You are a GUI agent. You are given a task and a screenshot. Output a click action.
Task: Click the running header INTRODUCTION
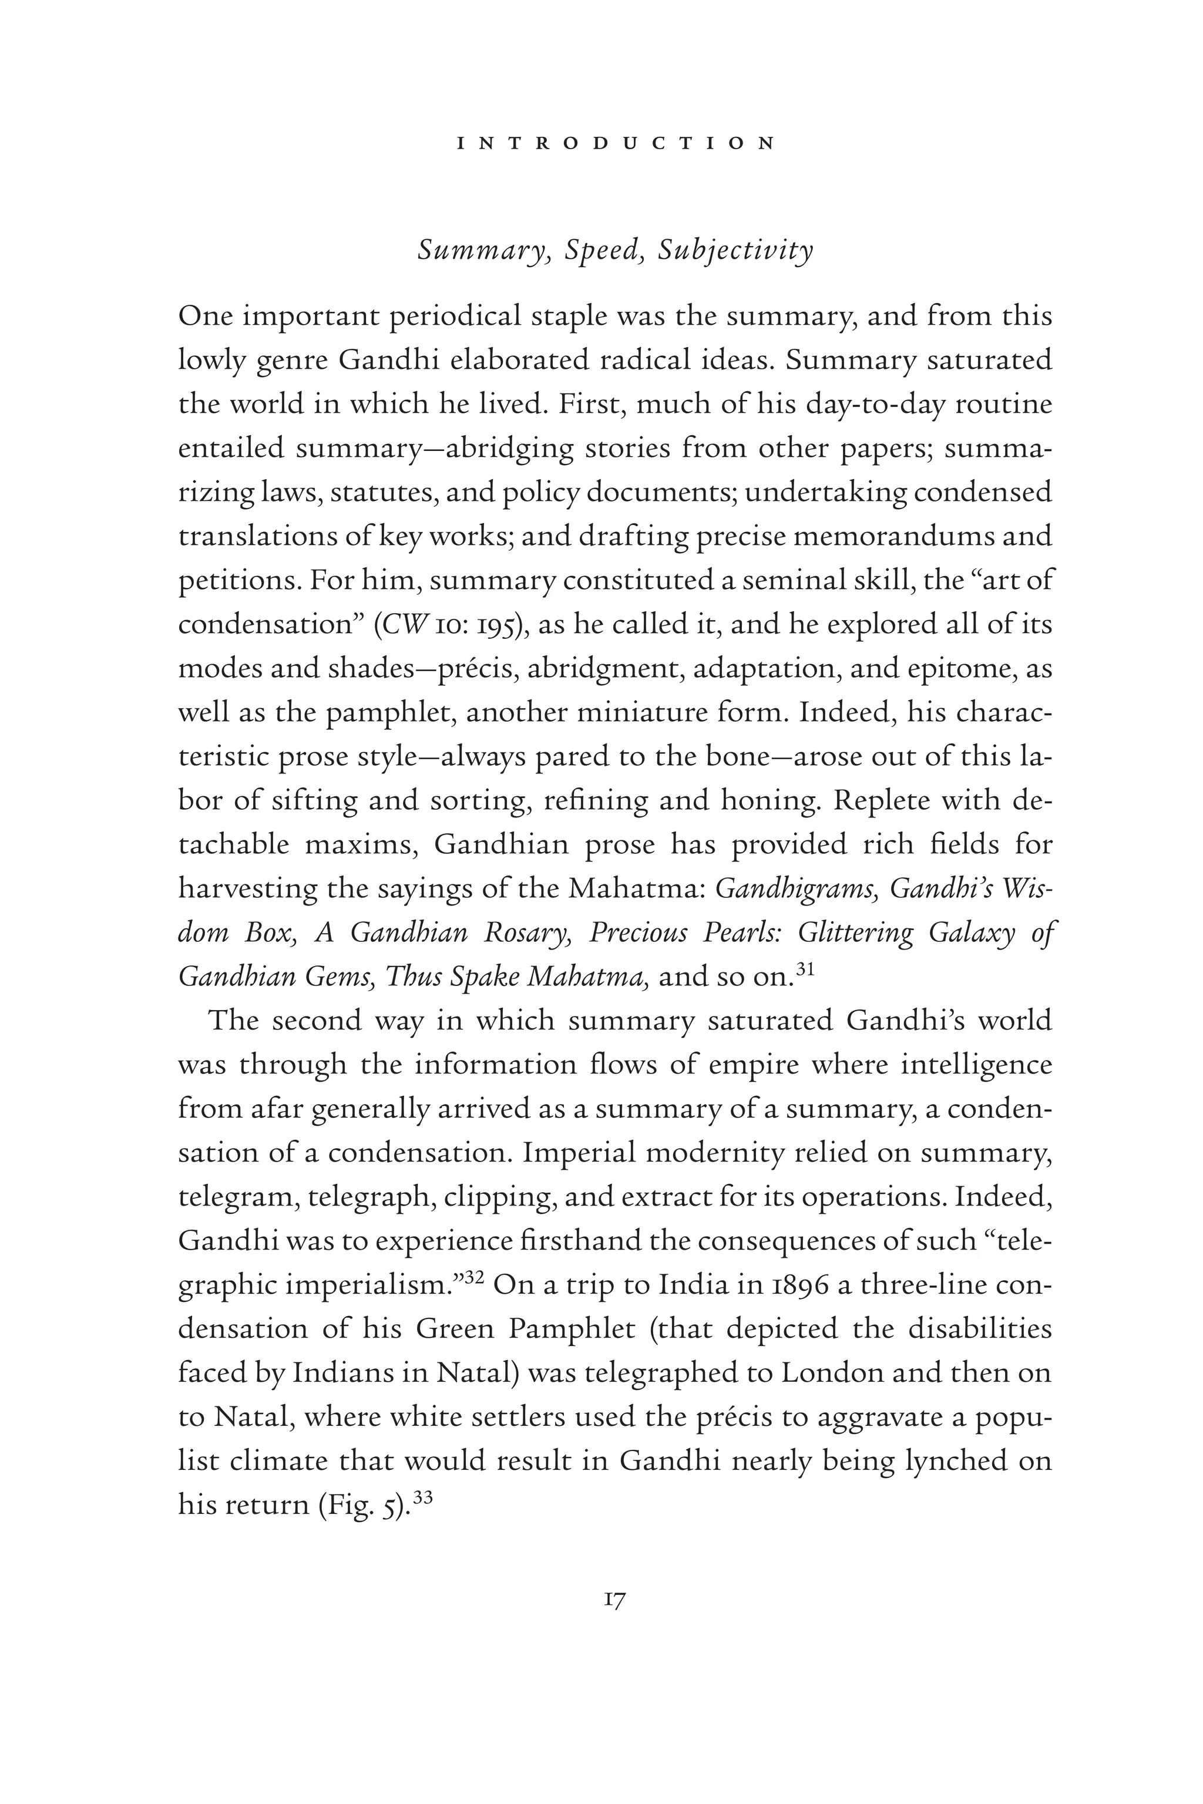coord(616,143)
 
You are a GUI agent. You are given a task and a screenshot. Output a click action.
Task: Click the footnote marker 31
coord(805,969)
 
